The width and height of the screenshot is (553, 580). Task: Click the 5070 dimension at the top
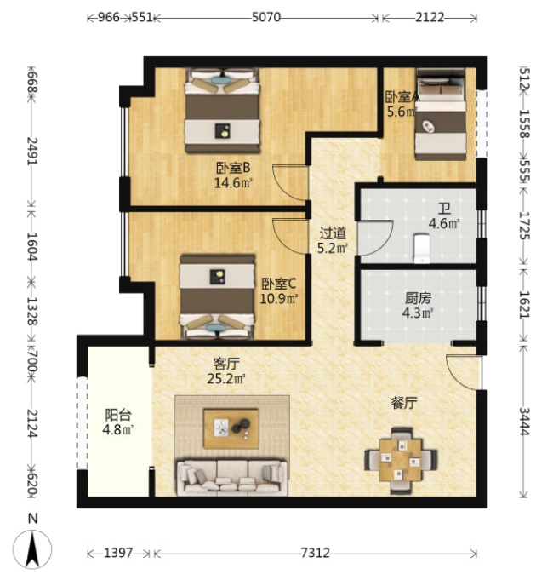[266, 17]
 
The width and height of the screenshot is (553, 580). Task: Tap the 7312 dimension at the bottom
[315, 553]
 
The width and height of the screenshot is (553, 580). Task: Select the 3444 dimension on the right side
[525, 421]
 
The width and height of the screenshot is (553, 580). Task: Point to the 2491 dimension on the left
[32, 152]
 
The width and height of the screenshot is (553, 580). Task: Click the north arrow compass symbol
[32, 549]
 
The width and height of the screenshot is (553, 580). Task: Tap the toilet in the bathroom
[421, 248]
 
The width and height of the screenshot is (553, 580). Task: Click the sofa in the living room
[232, 478]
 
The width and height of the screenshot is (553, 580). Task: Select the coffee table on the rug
[231, 428]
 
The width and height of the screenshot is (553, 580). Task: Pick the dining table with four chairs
[401, 459]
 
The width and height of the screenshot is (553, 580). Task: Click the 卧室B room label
[233, 169]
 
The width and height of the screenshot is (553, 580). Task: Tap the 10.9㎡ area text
[279, 298]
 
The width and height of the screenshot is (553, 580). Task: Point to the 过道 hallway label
[333, 233]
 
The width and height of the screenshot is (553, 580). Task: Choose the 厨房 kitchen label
[418, 298]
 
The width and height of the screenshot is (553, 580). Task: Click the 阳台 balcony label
[118, 415]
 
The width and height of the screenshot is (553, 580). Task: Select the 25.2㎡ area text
[226, 378]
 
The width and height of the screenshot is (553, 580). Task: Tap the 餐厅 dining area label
[404, 403]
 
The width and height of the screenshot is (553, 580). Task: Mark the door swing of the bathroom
[375, 238]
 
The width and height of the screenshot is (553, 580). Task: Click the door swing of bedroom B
[290, 183]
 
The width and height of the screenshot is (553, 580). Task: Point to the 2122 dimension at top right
[430, 17]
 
